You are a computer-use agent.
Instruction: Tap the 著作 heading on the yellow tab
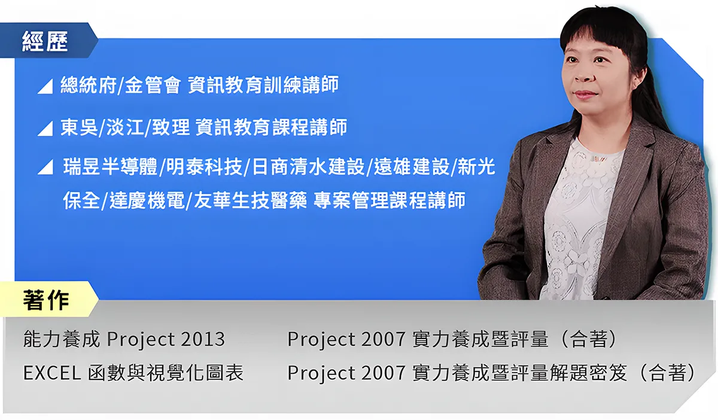point(46,300)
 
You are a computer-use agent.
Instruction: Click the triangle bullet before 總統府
point(45,86)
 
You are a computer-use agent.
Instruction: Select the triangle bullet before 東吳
point(45,129)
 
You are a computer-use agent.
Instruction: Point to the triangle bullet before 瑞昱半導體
point(45,167)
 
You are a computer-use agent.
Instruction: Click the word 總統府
point(89,85)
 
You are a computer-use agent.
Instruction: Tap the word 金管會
point(153,85)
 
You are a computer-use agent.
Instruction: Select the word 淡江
point(125,127)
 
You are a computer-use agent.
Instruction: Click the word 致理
point(171,127)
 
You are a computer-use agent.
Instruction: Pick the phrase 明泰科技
point(204,167)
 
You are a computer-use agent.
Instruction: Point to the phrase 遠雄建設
point(412,167)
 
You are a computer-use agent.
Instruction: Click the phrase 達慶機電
point(147,200)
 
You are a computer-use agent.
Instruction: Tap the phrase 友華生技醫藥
point(251,200)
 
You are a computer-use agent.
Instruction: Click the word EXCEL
point(52,373)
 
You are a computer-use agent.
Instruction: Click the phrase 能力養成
point(62,339)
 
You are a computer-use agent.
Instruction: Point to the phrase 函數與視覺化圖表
point(165,373)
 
